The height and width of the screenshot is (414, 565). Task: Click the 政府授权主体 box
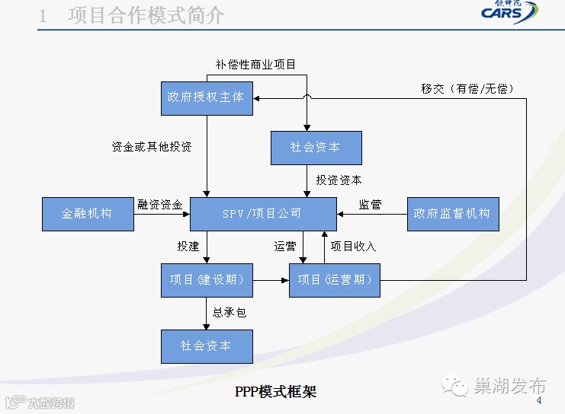pos(207,97)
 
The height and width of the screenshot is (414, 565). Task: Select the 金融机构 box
pos(87,214)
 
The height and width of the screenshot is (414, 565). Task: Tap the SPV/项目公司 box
pos(262,214)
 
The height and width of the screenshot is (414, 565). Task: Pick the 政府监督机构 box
pos(452,214)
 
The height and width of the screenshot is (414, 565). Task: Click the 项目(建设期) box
pos(207,280)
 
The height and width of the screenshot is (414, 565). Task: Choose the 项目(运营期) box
pos(335,280)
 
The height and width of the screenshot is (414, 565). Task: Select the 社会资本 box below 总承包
pos(207,346)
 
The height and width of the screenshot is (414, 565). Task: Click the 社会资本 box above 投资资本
pos(316,148)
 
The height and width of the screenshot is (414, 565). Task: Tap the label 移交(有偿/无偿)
pos(467,89)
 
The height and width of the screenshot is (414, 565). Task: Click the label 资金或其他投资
pos(151,147)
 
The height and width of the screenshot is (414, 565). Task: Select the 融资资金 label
pos(160,204)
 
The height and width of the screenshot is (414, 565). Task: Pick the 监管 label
pos(371,204)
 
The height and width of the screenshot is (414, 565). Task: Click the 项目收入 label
pos(353,247)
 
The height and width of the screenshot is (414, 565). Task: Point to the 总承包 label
pos(230,313)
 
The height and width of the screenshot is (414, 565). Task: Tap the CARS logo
pos(509,13)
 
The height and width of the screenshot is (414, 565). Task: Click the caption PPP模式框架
pos(276,392)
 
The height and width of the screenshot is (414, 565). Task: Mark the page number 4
pos(539,401)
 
